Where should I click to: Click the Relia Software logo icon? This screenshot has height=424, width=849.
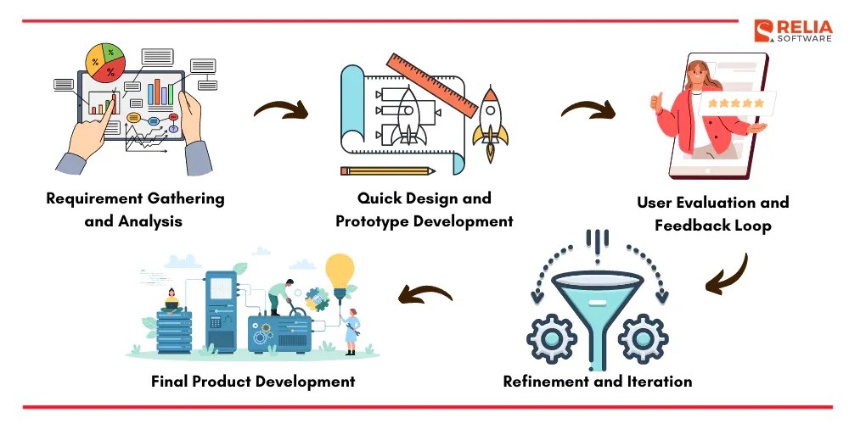click(x=761, y=31)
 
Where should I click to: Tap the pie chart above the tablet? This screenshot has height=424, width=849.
click(x=105, y=62)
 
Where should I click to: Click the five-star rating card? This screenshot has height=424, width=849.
click(x=735, y=103)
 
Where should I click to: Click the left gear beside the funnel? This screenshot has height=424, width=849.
click(x=552, y=339)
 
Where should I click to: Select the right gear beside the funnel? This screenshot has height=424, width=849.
click(x=642, y=339)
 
